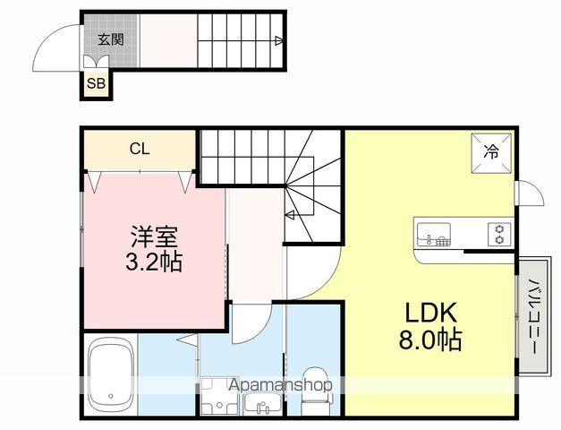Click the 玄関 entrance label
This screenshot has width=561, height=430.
111,39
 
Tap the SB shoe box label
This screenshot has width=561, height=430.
94,84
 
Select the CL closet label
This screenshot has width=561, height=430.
139,149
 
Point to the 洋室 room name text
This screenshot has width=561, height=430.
155,238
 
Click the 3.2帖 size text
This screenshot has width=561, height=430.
155,265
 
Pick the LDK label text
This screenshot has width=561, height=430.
432,314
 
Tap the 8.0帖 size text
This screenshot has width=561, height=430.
432,341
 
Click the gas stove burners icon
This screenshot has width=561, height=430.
499,236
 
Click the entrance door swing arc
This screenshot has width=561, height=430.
55,47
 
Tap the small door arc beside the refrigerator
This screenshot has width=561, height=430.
528,192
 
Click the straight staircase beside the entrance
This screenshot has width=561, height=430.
238,40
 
